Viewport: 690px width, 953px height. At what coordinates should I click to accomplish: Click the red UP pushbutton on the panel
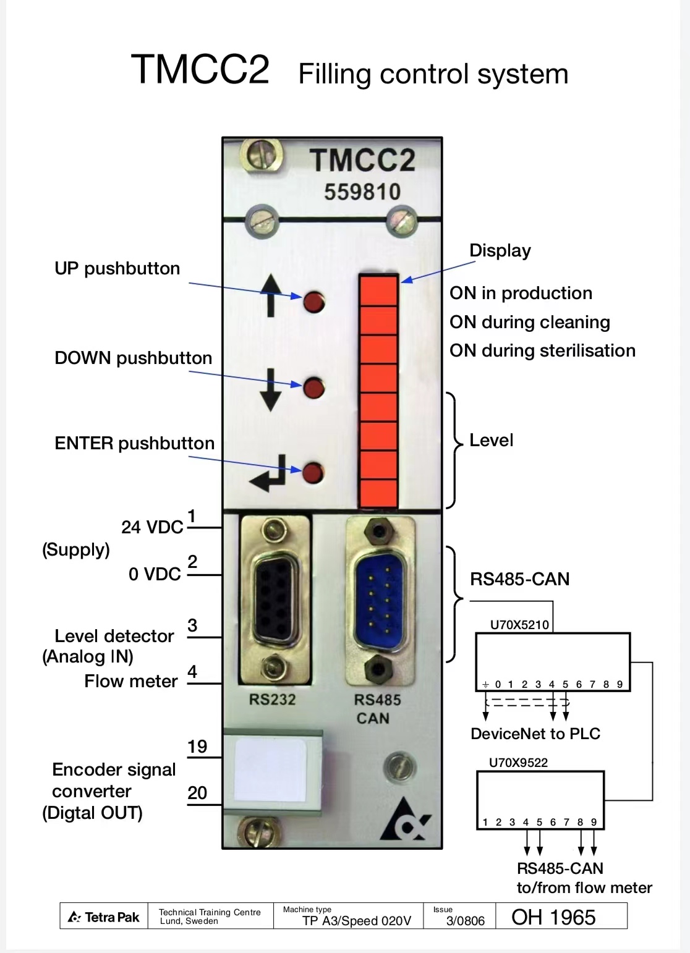314,302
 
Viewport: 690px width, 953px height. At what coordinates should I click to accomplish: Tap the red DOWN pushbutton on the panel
314,388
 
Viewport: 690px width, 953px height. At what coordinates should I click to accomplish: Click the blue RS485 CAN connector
378,599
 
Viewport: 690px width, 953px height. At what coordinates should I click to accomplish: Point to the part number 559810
362,192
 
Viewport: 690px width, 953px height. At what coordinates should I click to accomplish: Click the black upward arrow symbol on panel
270,295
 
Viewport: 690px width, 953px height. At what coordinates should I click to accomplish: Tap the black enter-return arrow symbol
269,473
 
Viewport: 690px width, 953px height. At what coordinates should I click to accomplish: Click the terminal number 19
197,747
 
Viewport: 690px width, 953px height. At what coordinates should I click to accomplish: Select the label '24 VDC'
152,527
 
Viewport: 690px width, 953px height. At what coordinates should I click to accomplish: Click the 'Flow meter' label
131,681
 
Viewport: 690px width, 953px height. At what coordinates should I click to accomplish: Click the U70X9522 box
540,799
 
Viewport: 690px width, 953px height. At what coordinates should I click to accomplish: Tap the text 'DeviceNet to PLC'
535,734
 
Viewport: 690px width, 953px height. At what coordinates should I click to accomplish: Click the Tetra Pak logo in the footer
104,917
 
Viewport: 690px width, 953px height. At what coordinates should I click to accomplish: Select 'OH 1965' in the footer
553,917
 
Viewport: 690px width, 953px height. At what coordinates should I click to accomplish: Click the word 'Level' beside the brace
491,440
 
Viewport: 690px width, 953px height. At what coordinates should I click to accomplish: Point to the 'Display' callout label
500,250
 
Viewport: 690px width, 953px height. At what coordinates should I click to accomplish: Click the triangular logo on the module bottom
406,822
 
